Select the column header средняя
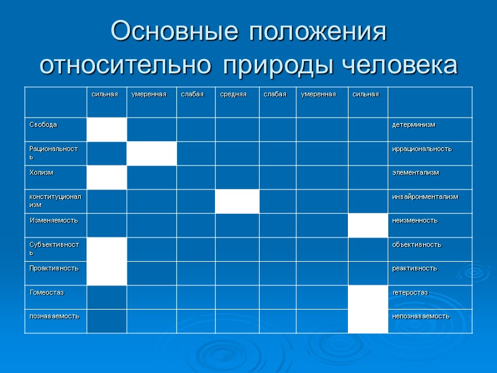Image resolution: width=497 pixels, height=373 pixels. [x=233, y=94]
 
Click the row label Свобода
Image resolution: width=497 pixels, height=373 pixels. [x=43, y=125]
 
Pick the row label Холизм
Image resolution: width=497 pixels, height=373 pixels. [x=42, y=172]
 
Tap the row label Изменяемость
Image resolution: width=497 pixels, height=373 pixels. [x=52, y=220]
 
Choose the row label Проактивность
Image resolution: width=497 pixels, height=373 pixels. [x=54, y=268]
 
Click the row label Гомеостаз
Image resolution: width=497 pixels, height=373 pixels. [x=47, y=292]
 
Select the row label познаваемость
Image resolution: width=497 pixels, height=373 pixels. [x=54, y=316]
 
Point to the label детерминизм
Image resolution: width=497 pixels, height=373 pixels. [x=414, y=125]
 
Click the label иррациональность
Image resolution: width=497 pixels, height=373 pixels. [x=422, y=149]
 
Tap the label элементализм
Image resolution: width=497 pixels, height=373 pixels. [x=416, y=172]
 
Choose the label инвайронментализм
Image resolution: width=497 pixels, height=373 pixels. [x=425, y=196]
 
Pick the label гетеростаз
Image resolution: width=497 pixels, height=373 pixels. [x=410, y=292]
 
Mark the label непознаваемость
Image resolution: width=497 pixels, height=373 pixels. [x=421, y=316]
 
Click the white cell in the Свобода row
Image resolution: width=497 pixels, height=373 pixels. [x=107, y=129]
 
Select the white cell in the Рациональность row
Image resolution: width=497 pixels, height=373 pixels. [x=152, y=154]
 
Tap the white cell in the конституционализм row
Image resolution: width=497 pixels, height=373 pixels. [x=237, y=201]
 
